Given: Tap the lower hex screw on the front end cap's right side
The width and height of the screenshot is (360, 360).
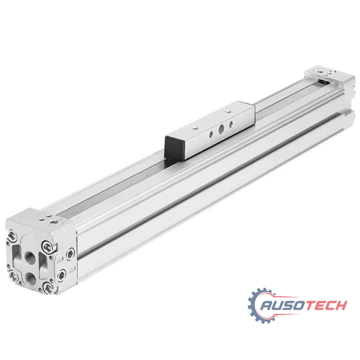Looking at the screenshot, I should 63,276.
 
